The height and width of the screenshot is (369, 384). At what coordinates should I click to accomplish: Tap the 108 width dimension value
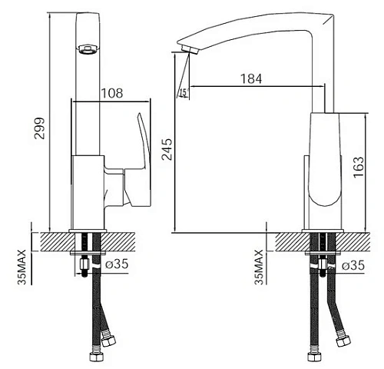tap(111, 93)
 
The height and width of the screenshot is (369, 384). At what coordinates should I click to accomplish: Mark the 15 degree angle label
tap(183, 92)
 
